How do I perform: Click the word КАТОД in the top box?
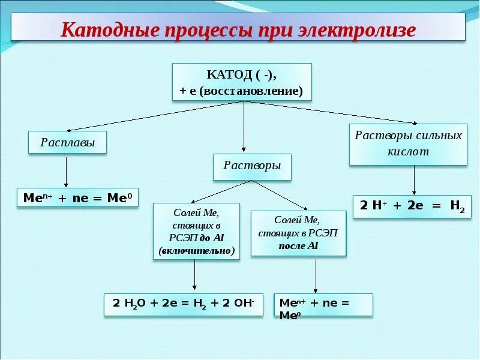click(x=228, y=75)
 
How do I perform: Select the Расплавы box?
click(x=68, y=143)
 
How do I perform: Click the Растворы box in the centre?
click(x=252, y=166)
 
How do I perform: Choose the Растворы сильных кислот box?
click(x=408, y=143)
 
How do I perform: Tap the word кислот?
click(x=408, y=152)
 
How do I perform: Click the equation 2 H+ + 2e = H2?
click(x=412, y=206)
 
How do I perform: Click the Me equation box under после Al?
click(x=323, y=305)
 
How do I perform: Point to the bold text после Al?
click(x=298, y=246)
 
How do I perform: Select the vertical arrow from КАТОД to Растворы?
click(x=244, y=126)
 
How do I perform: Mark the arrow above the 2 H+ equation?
click(x=414, y=179)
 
